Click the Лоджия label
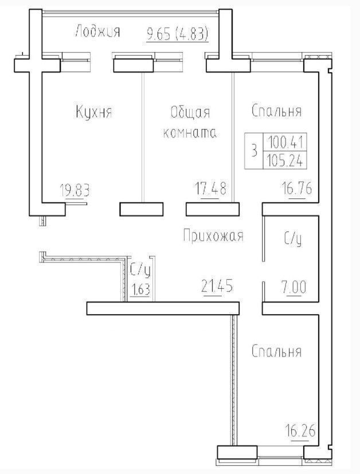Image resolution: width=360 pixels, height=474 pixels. tap(97, 31)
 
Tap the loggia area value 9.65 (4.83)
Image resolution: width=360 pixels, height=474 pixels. tap(178, 34)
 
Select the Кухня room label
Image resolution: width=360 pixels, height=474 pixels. tap(93, 112)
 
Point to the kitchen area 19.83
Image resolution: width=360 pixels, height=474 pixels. tap(75, 190)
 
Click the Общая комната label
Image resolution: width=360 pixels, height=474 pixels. tap(190, 122)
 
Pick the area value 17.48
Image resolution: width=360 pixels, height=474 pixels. tap(211, 189)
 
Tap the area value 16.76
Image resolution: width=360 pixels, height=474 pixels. tap(297, 189)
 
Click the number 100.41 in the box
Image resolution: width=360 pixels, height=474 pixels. tap(285, 142)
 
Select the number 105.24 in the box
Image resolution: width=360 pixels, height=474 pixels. tap(285, 159)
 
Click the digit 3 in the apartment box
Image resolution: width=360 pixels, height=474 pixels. tap(254, 151)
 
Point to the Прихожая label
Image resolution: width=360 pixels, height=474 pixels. tap(213, 236)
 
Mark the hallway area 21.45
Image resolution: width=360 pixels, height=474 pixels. tap(217, 285)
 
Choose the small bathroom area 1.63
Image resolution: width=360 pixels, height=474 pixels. tap(141, 289)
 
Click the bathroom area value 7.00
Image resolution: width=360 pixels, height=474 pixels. tap(293, 287)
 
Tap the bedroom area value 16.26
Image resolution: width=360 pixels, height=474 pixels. tap(300, 430)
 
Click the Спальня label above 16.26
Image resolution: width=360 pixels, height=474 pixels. tap(276, 351)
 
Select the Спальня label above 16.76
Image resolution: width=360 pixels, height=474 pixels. tap(276, 111)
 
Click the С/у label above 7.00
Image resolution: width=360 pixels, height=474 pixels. tap(293, 239)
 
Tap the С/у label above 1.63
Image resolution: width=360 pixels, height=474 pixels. tap(140, 270)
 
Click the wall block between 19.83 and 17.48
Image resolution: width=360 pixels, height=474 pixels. tap(142, 209)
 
